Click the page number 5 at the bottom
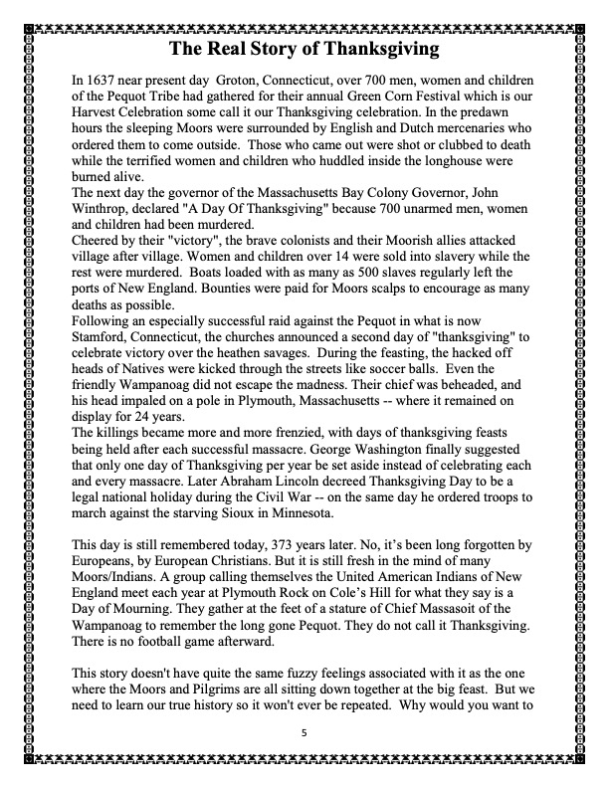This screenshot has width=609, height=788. point(304,734)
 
